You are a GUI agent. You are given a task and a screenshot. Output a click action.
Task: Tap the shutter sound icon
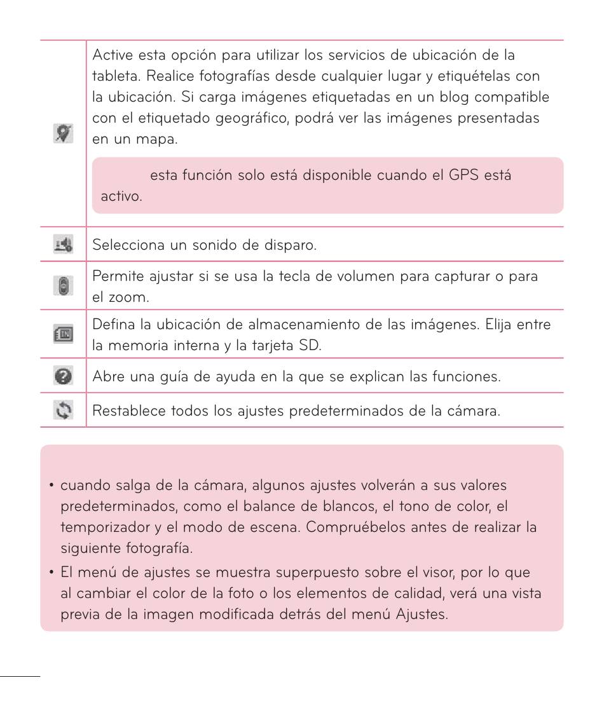click(x=64, y=244)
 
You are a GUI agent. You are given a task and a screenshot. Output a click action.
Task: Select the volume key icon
click(x=64, y=287)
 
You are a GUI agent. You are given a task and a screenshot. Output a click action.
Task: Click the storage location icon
click(x=64, y=334)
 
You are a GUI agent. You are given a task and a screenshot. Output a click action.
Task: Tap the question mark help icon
click(x=64, y=376)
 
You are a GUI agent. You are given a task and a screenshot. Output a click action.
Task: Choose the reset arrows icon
click(x=64, y=410)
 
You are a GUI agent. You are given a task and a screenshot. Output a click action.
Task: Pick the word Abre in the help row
click(x=107, y=376)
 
